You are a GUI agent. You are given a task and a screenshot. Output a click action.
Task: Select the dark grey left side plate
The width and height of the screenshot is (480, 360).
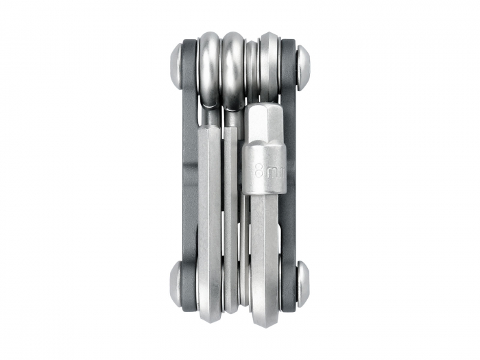189,171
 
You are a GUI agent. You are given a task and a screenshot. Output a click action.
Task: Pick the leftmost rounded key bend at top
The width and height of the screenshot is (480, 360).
208,69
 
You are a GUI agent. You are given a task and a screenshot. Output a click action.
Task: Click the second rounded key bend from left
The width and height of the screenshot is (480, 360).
233,69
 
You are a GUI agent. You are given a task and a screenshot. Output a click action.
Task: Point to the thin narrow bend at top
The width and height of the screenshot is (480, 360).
252,69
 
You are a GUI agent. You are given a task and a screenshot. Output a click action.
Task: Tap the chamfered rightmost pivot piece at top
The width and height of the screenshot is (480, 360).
268,62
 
